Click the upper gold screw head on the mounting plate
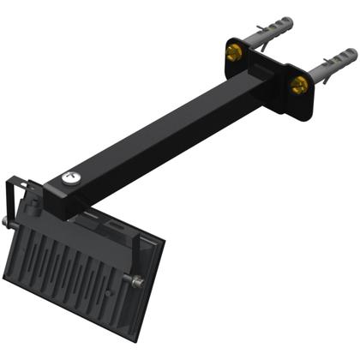233,52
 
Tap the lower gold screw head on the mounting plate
299,85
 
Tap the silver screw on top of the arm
69,178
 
